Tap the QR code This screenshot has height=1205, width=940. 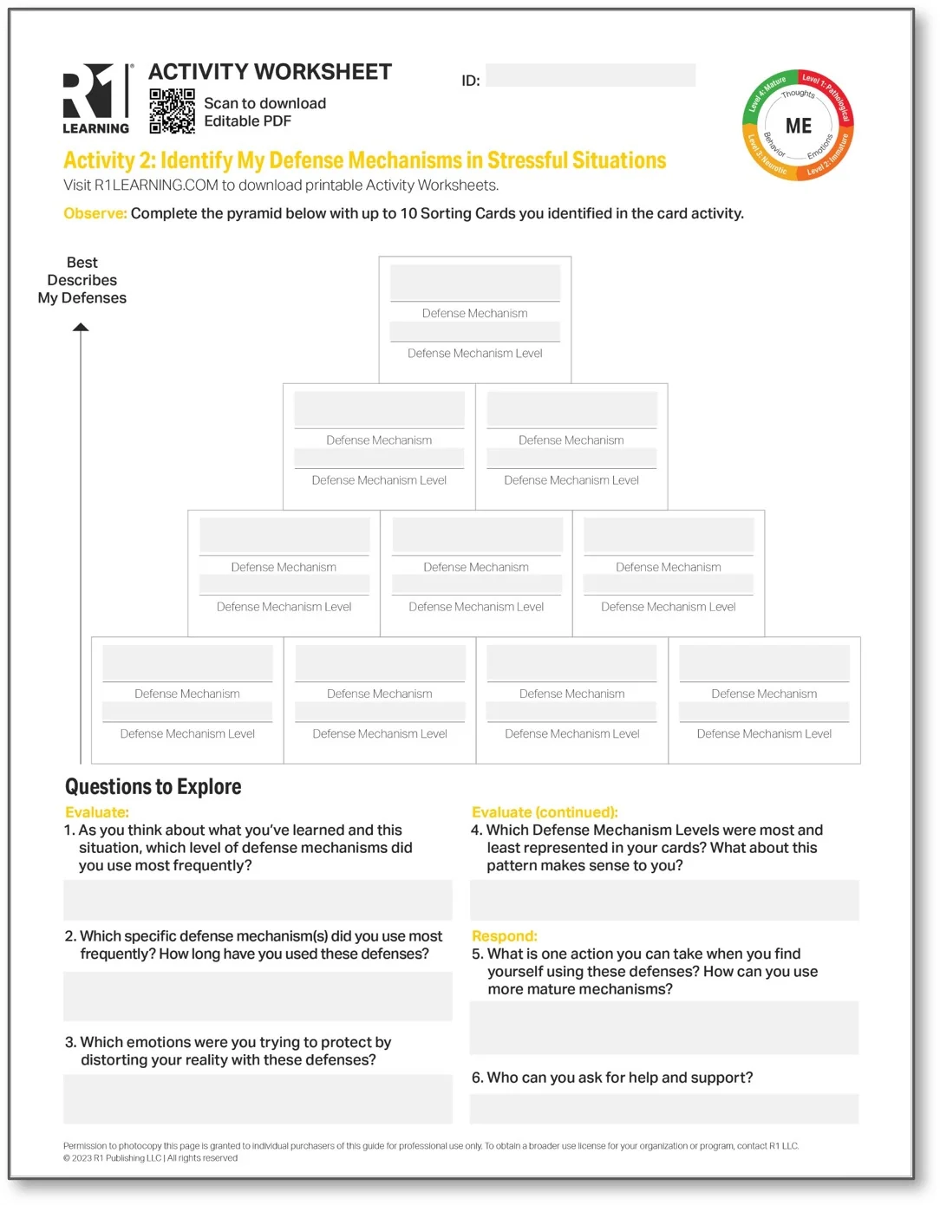pyautogui.click(x=172, y=111)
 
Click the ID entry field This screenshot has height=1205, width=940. pyautogui.click(x=590, y=75)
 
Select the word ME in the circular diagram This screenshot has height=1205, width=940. pyautogui.click(x=799, y=127)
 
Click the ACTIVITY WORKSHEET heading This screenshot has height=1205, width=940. pyautogui.click(x=270, y=72)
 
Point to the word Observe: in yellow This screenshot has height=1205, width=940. pyautogui.click(x=95, y=213)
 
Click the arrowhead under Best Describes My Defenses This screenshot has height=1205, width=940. pyautogui.click(x=81, y=328)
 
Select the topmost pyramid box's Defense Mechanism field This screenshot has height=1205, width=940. pyautogui.click(x=474, y=283)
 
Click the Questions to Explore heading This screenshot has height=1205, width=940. pyautogui.click(x=153, y=787)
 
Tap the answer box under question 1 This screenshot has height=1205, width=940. pyautogui.click(x=258, y=900)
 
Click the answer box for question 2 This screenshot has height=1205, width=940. pyautogui.click(x=258, y=996)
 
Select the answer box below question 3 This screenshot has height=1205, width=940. pyautogui.click(x=258, y=1099)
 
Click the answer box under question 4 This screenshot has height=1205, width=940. pyautogui.click(x=664, y=900)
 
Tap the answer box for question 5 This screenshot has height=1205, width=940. pyautogui.click(x=664, y=1028)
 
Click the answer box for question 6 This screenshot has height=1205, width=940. pyautogui.click(x=664, y=1109)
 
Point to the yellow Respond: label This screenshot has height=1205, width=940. pyautogui.click(x=504, y=936)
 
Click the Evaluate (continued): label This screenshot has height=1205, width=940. pyautogui.click(x=545, y=812)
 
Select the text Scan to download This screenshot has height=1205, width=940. pyautogui.click(x=264, y=103)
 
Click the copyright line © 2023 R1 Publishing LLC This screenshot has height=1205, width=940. pyautogui.click(x=150, y=1158)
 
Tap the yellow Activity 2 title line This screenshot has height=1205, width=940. pyautogui.click(x=364, y=161)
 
